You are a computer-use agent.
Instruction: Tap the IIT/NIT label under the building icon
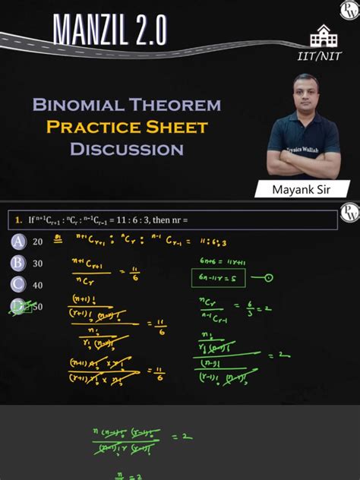[x=319, y=56]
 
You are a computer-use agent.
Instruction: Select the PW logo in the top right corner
[x=348, y=11]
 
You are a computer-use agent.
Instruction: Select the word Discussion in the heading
[x=127, y=149]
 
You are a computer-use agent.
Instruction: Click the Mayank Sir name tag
[x=302, y=188]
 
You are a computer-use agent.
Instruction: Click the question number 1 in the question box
[x=17, y=220]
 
